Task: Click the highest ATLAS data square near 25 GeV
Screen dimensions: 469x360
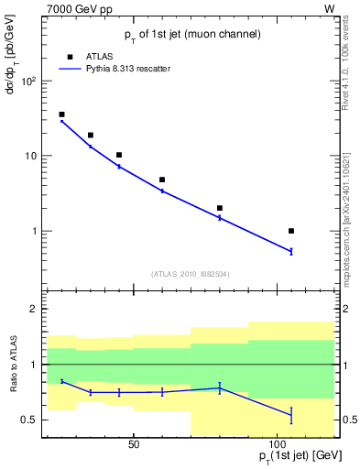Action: click(61, 115)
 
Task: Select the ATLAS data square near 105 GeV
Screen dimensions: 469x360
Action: click(291, 231)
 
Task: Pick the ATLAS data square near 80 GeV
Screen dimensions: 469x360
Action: click(220, 208)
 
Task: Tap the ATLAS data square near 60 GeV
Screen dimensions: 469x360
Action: click(162, 180)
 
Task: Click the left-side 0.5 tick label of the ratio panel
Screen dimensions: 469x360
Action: click(29, 420)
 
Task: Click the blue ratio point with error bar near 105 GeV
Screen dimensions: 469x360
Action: click(291, 415)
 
